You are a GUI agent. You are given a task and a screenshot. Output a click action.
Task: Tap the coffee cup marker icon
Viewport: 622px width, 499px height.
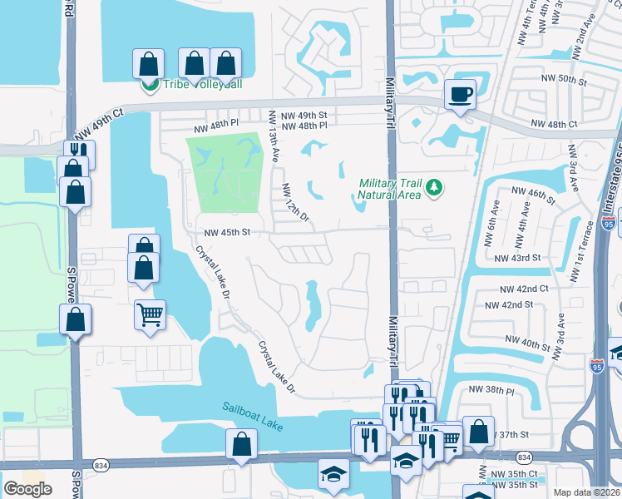tap(459, 93)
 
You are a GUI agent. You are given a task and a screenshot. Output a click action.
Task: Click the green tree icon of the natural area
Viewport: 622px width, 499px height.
tap(432, 189)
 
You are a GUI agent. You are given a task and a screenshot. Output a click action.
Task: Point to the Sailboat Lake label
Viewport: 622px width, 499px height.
tap(252, 417)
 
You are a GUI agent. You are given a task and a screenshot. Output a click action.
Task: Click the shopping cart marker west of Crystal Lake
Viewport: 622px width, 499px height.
tap(150, 314)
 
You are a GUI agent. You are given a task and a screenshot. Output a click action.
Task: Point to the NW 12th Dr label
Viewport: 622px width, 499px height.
tap(295, 202)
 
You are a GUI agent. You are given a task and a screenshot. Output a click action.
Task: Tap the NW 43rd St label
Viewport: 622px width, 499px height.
tap(517, 259)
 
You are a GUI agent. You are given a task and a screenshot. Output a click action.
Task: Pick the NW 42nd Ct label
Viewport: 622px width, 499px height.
tap(524, 289)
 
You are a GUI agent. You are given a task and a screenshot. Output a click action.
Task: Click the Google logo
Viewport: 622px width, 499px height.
tap(27, 489)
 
